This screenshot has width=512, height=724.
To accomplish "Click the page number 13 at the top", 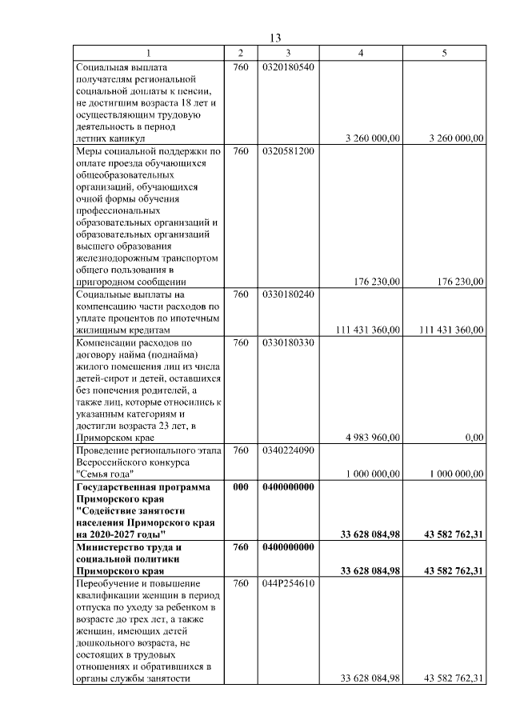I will [275, 38].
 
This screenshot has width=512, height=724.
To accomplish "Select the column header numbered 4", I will [361, 53].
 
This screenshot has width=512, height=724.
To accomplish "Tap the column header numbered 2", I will [241, 53].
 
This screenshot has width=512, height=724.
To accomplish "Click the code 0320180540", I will [288, 66].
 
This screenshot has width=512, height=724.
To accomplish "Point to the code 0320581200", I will [288, 150].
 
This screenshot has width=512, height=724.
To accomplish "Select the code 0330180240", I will [288, 294].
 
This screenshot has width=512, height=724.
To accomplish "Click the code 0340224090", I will [288, 450].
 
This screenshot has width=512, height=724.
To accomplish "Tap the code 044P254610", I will [288, 583].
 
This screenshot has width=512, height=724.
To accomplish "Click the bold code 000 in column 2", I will [241, 486].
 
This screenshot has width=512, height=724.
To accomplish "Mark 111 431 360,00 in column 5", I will [451, 330].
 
